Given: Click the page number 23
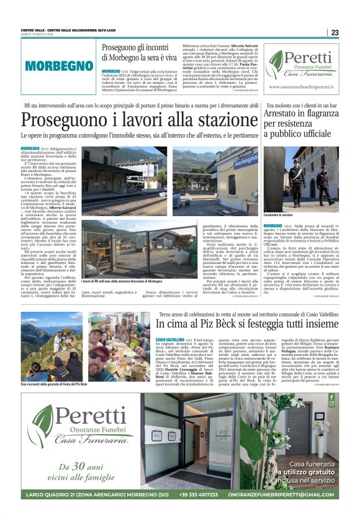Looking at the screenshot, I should (335, 32).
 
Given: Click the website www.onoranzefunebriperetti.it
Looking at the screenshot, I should (302, 88).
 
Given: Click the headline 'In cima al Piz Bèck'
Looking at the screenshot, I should (238, 324).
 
